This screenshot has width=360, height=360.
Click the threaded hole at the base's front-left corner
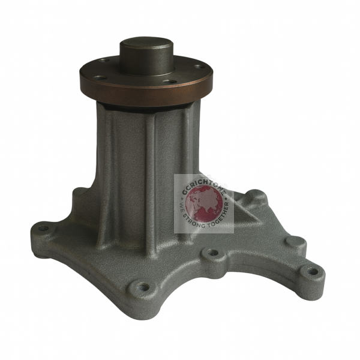point(142,287)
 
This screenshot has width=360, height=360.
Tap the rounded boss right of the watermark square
point(257,196)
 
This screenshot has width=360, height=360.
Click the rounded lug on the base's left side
point(78,195)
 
